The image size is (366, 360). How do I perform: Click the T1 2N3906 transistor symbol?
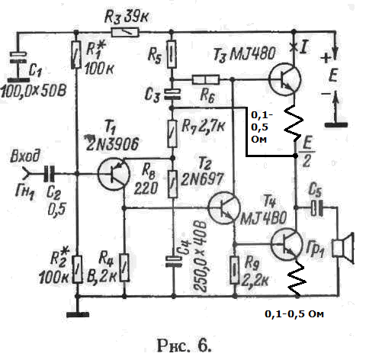[x=114, y=174]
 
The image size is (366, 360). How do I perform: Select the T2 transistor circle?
[x=224, y=207]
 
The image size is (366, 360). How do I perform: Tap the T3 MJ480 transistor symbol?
[x=284, y=79]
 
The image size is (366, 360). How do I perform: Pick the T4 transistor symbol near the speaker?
[x=287, y=244]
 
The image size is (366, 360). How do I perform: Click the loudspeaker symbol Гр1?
[x=343, y=249]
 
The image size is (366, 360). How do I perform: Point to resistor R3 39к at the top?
[x=125, y=33]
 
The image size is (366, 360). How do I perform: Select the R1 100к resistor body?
[x=76, y=54]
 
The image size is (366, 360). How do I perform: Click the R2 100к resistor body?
[x=77, y=269]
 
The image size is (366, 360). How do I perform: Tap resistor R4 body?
[x=124, y=268]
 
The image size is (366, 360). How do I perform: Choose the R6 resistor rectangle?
[x=206, y=79]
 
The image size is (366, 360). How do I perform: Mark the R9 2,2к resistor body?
[x=235, y=270]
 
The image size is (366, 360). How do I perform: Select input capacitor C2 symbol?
[x=49, y=174]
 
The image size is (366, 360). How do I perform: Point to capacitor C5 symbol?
[x=317, y=208]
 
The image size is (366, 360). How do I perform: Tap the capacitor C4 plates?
[x=174, y=262]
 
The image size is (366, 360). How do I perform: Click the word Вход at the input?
[x=25, y=156]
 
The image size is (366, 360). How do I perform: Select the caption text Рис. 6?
[x=185, y=346]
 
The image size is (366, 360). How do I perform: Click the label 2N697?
[x=202, y=178]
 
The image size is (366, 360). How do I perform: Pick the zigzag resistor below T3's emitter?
[x=294, y=123]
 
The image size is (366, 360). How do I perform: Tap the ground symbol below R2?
[x=78, y=315]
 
